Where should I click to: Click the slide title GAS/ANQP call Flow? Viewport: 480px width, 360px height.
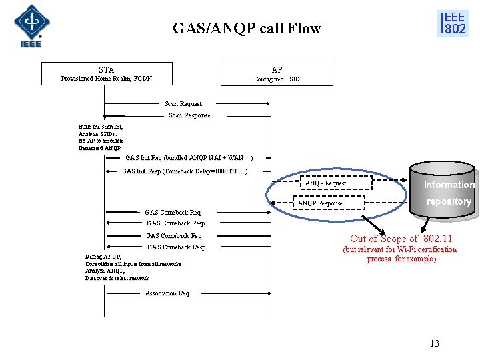coord(247,28)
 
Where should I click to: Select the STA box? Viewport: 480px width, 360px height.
coord(107,73)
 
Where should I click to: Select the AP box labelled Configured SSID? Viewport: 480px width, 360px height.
coord(277,74)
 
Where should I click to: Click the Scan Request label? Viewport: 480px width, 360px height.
coord(183,104)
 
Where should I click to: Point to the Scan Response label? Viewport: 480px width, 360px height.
coord(189,115)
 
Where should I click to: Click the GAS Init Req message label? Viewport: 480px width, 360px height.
coord(189,159)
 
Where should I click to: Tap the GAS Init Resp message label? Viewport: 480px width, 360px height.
coord(185,171)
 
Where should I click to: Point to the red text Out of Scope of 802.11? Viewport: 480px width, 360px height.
coord(401,239)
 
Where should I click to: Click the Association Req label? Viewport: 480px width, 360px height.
coord(167,293)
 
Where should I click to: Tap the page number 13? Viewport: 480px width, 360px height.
coord(435,343)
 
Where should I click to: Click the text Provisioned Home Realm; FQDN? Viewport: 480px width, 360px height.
coord(107,79)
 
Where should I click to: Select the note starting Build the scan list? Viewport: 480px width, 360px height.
coord(101,137)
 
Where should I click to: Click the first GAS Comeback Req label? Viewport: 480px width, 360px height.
coord(173,213)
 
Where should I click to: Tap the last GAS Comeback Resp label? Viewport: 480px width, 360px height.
coord(176,247)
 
